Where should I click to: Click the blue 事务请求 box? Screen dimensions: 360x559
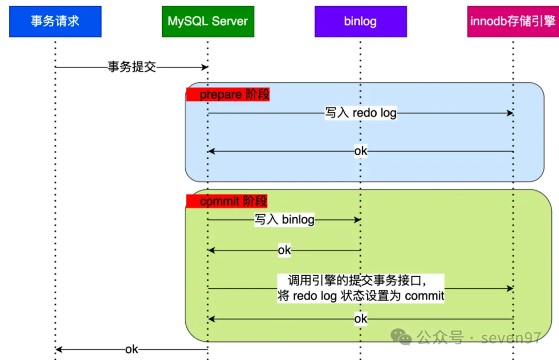pyautogui.click(x=55, y=21)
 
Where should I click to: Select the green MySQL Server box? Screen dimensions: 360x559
pyautogui.click(x=208, y=21)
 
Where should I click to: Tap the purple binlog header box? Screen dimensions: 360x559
pyautogui.click(x=360, y=21)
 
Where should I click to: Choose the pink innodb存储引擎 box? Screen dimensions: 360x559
pyautogui.click(x=513, y=21)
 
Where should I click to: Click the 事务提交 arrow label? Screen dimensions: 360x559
pyautogui.click(x=131, y=67)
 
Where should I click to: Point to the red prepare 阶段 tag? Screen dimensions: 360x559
pyautogui.click(x=228, y=95)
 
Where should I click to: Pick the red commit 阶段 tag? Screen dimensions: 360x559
pyautogui.click(x=227, y=201)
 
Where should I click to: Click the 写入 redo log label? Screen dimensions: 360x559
pyautogui.click(x=360, y=113)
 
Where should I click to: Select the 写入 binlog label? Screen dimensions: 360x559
pyautogui.click(x=284, y=219)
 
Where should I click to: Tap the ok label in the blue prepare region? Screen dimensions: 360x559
pyautogui.click(x=361, y=151)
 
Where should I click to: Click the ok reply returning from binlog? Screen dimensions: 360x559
pyautogui.click(x=284, y=250)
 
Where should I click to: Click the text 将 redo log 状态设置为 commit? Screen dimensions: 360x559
pyautogui.click(x=361, y=296)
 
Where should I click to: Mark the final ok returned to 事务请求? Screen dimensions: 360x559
pyautogui.click(x=131, y=349)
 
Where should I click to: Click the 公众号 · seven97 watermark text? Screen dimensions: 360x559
pyautogui.click(x=479, y=338)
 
